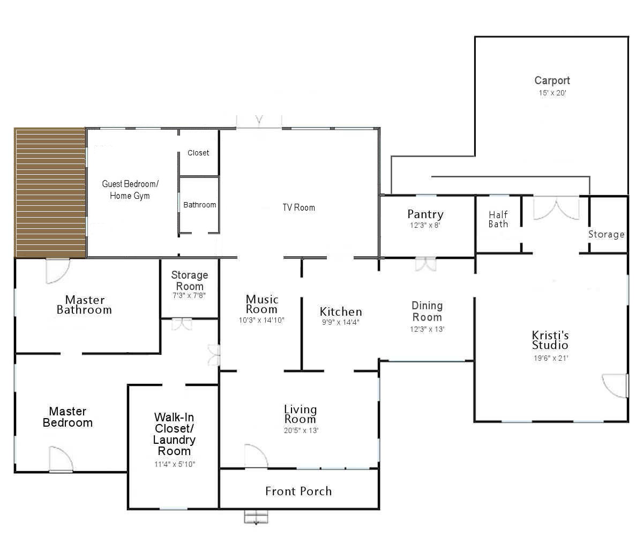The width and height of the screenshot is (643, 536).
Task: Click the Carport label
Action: click(x=552, y=80)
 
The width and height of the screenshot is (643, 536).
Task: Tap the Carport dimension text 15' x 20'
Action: click(x=552, y=93)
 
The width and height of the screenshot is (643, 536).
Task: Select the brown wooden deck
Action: click(x=50, y=193)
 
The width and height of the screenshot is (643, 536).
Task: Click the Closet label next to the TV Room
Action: click(x=198, y=153)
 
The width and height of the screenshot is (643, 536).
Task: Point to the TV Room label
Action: click(x=298, y=207)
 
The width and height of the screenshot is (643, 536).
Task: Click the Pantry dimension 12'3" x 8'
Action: click(x=425, y=225)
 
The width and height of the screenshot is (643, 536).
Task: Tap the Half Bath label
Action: click(x=498, y=219)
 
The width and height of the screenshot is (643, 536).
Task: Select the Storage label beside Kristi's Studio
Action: click(x=606, y=234)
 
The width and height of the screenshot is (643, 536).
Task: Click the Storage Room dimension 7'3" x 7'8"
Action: click(x=189, y=295)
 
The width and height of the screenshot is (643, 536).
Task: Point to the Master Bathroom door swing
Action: click(x=57, y=271)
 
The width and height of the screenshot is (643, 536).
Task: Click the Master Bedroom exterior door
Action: click(x=61, y=459)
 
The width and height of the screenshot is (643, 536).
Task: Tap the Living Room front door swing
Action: click(x=256, y=456)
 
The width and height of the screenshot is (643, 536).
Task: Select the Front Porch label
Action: click(x=298, y=491)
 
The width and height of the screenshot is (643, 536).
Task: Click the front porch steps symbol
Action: click(x=256, y=517)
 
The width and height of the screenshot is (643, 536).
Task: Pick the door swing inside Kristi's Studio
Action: click(x=615, y=386)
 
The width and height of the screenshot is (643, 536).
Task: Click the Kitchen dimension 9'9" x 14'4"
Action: click(x=341, y=322)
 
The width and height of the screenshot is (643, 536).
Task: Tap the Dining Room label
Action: click(x=427, y=311)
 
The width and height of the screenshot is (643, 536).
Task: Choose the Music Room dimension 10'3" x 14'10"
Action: click(x=261, y=320)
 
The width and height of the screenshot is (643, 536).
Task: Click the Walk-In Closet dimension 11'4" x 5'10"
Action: click(x=175, y=464)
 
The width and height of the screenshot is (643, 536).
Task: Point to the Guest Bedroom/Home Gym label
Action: click(x=130, y=190)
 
